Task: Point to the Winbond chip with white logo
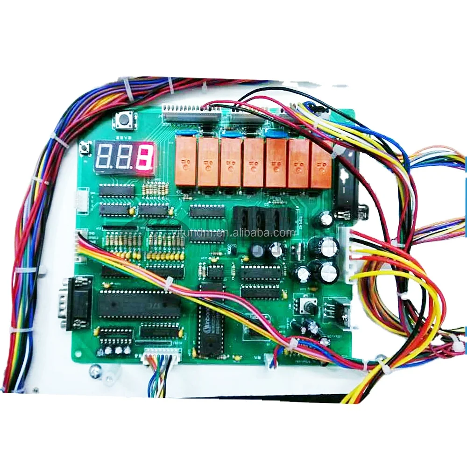point(208,322)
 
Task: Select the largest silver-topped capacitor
point(329,246)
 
